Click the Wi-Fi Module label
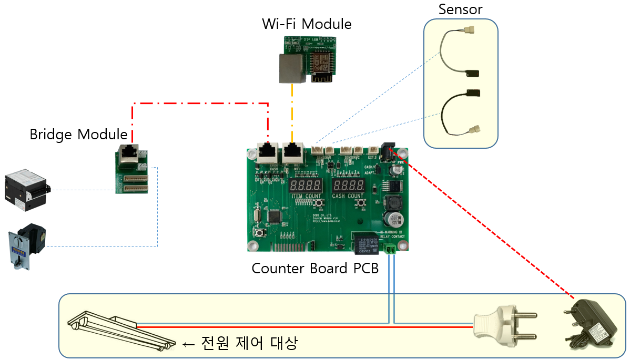[307, 24]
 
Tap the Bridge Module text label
[78, 134]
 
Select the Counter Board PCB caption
[315, 268]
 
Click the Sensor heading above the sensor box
[460, 9]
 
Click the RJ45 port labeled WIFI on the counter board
[293, 153]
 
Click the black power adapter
[592, 324]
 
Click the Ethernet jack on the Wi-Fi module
[292, 68]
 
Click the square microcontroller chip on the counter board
[275, 217]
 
